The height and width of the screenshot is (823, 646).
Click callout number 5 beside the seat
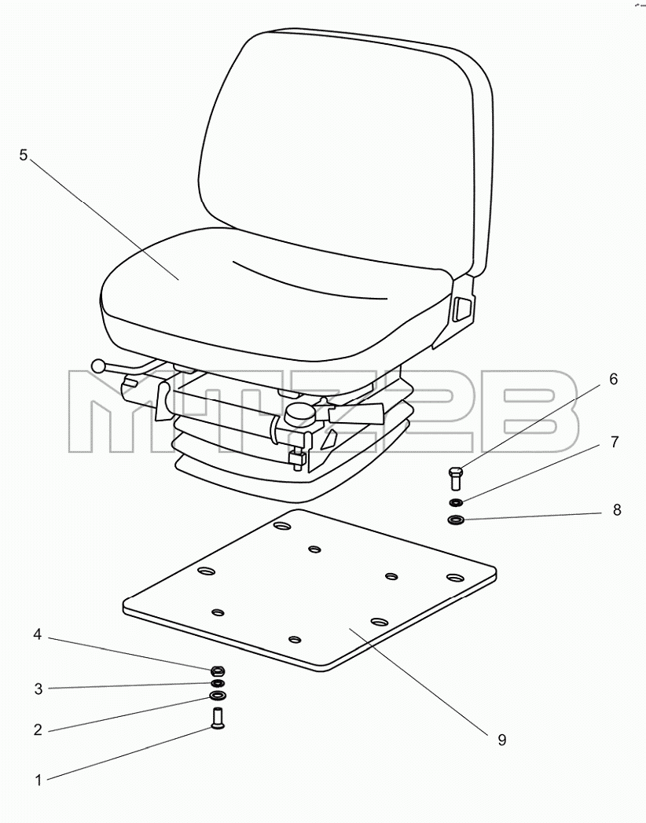click(x=23, y=156)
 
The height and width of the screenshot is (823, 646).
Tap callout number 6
click(x=614, y=379)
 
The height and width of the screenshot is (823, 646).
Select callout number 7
click(x=615, y=442)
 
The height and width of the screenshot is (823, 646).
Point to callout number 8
click(x=617, y=509)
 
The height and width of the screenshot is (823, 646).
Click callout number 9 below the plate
click(x=502, y=740)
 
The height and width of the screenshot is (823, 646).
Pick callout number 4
click(x=37, y=634)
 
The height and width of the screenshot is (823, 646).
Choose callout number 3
click(x=39, y=689)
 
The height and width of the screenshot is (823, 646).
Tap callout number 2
click(x=38, y=729)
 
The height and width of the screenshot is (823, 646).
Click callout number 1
click(x=38, y=780)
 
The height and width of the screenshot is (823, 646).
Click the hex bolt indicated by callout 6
click(x=456, y=478)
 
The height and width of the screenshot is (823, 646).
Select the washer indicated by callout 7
click(x=456, y=503)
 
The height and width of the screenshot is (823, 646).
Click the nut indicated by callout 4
click(x=217, y=671)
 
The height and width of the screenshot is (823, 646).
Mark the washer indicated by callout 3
click(x=217, y=683)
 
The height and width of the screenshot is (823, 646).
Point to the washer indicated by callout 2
click(x=217, y=696)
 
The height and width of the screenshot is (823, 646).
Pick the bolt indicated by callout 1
click(x=216, y=718)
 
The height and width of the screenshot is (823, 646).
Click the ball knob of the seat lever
click(x=98, y=366)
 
